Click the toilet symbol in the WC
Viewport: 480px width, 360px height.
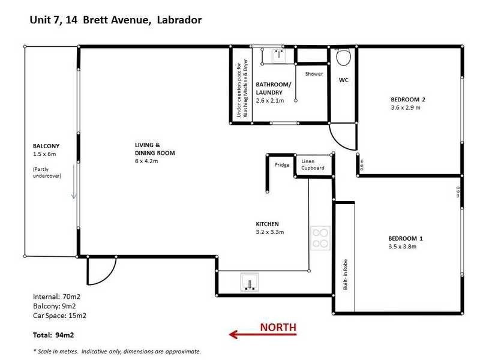pyautogui.click(x=344, y=58)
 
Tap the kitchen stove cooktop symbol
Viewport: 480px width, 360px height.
pyautogui.click(x=320, y=238)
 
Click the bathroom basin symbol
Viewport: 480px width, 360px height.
pyautogui.click(x=278, y=55)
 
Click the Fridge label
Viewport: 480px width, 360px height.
pyautogui.click(x=282, y=165)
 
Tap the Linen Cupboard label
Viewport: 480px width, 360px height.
pyautogui.click(x=313, y=164)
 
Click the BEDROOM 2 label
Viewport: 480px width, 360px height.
pyautogui.click(x=407, y=100)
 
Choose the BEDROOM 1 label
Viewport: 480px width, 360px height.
pyautogui.click(x=406, y=238)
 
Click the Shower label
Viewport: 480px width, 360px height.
pyautogui.click(x=314, y=74)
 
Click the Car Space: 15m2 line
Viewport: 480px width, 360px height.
pyautogui.click(x=61, y=315)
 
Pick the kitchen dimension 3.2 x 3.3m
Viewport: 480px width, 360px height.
pyautogui.click(x=269, y=232)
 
